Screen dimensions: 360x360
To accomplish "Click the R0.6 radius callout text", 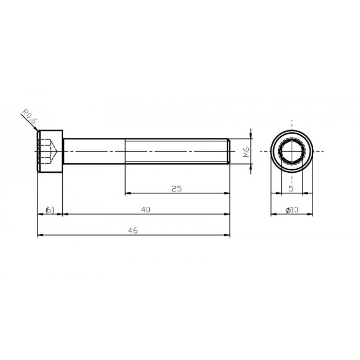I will click(x=29, y=118).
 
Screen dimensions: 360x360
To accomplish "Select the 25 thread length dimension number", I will click(x=176, y=189).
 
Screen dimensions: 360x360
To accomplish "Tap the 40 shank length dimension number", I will click(x=146, y=209).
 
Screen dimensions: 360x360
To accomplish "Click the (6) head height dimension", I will click(x=50, y=209).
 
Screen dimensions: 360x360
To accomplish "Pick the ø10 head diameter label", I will click(x=292, y=209).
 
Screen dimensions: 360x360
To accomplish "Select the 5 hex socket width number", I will click(x=291, y=189).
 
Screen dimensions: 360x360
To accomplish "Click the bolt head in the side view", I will click(x=50, y=152).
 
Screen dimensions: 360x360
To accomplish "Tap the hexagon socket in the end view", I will click(x=292, y=152).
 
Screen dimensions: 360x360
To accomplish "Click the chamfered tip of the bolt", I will click(x=228, y=152).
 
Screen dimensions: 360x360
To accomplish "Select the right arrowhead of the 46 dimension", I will click(x=227, y=236).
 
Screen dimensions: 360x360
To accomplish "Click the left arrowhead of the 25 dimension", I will click(x=129, y=193).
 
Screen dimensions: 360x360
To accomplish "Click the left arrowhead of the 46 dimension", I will click(x=41, y=236).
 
